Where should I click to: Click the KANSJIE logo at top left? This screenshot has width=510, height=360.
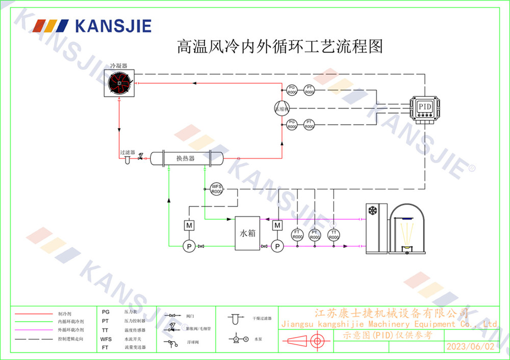(92, 25)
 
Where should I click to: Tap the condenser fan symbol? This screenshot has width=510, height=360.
(120, 83)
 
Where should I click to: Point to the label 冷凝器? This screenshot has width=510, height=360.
(119, 66)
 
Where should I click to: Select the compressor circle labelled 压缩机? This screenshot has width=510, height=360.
(282, 108)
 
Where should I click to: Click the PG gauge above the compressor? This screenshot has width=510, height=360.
(292, 90)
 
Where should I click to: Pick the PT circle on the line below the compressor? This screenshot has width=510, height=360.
(309, 124)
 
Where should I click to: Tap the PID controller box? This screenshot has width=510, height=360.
(425, 108)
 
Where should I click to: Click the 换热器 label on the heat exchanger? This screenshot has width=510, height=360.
(186, 159)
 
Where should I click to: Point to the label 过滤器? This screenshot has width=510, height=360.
(127, 152)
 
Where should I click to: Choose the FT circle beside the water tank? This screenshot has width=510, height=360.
(297, 235)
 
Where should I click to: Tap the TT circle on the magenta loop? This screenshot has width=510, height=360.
(334, 235)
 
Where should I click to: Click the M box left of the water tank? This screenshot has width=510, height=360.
(189, 225)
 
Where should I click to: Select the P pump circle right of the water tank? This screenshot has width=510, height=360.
(277, 246)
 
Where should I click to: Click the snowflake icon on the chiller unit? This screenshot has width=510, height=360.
(373, 210)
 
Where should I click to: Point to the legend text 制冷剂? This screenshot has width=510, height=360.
(65, 315)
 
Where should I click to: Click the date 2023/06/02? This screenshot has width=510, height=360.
(470, 347)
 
